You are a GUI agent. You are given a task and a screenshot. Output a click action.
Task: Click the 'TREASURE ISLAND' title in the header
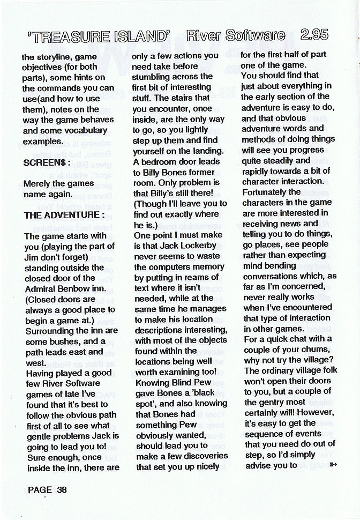click(x=99, y=36)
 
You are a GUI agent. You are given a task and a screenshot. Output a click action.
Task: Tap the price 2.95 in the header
click(x=314, y=35)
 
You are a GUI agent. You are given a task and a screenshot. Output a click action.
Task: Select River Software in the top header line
click(x=236, y=36)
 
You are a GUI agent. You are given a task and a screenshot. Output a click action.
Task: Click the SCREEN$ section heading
click(x=44, y=162)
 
